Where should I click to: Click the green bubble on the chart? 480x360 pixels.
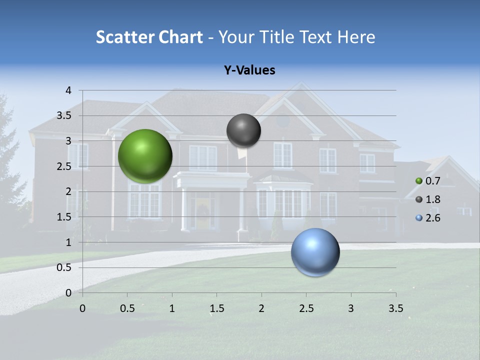[145, 156]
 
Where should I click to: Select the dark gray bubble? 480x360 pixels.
[243, 130]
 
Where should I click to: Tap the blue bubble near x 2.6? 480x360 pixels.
[315, 252]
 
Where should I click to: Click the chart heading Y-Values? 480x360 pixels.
[249, 70]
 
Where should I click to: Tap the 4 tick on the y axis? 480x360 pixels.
[69, 90]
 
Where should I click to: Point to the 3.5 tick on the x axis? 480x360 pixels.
[395, 308]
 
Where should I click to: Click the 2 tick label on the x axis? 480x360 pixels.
[261, 308]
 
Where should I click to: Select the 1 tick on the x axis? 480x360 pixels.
[172, 308]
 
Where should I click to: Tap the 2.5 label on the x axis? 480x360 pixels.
[306, 308]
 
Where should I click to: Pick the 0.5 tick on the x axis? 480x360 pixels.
[127, 308]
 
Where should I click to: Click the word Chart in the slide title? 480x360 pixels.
[180, 37]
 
